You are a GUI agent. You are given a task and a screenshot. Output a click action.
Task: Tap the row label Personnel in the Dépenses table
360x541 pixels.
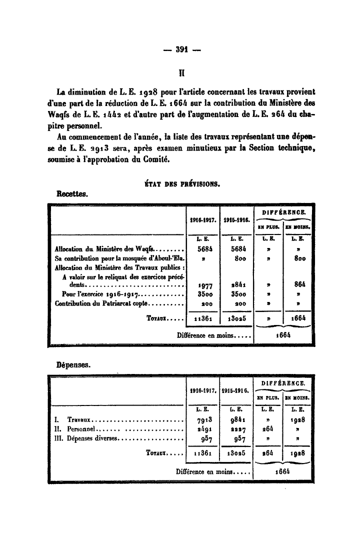(x=81, y=428)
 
